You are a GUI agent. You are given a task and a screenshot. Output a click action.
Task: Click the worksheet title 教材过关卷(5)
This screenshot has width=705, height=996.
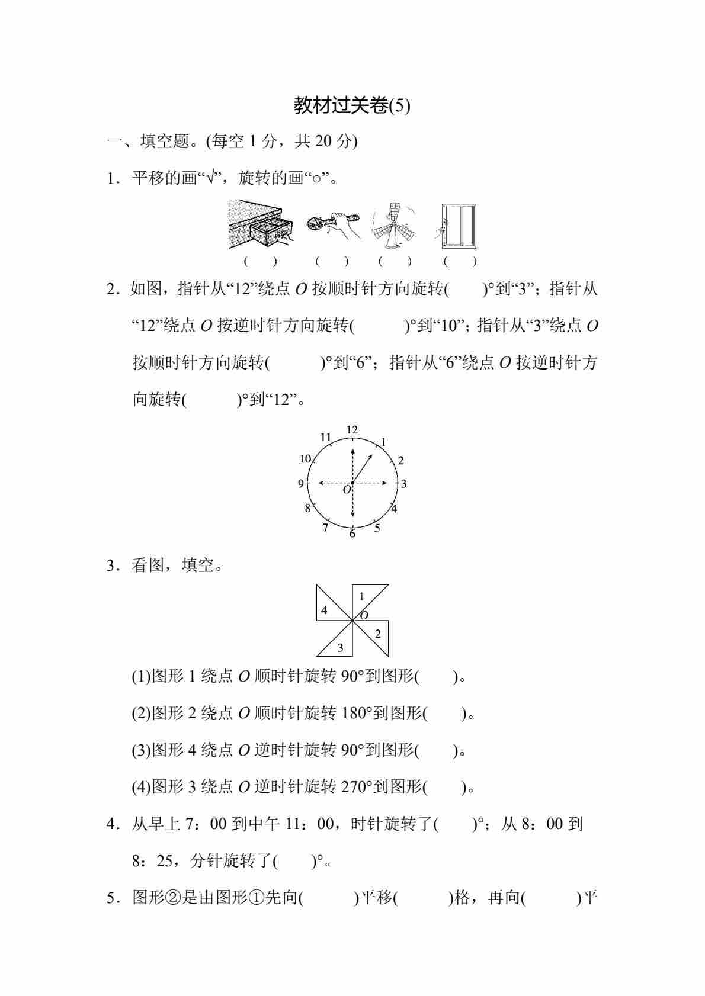[x=352, y=105]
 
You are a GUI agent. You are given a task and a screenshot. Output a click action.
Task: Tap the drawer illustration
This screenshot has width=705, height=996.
[x=261, y=225]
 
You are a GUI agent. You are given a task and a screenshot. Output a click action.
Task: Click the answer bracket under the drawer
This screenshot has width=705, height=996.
[x=260, y=261]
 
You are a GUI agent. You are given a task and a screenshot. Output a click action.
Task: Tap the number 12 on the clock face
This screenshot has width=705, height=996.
[x=352, y=430]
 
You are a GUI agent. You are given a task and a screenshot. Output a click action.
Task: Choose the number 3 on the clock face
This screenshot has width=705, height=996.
[x=404, y=484]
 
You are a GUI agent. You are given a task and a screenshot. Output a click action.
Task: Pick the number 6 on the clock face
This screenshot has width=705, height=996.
[x=352, y=534]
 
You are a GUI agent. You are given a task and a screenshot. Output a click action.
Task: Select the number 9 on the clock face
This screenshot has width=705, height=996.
[x=301, y=484]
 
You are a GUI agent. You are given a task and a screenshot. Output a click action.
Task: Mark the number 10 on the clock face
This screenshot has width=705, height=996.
[x=305, y=459]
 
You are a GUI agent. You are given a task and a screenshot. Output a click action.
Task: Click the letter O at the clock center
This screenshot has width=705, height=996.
[x=347, y=490]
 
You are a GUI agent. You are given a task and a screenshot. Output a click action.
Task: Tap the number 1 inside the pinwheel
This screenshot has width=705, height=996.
[x=362, y=597]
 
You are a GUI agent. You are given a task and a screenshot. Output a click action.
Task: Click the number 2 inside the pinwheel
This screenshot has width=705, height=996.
[x=378, y=634]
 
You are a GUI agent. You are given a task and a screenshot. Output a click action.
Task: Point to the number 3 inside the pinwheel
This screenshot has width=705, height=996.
[x=340, y=648]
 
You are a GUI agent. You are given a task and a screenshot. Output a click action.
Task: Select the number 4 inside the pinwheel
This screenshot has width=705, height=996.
[x=324, y=611]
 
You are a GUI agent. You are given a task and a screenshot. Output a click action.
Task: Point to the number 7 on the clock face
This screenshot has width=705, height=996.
[x=325, y=528]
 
